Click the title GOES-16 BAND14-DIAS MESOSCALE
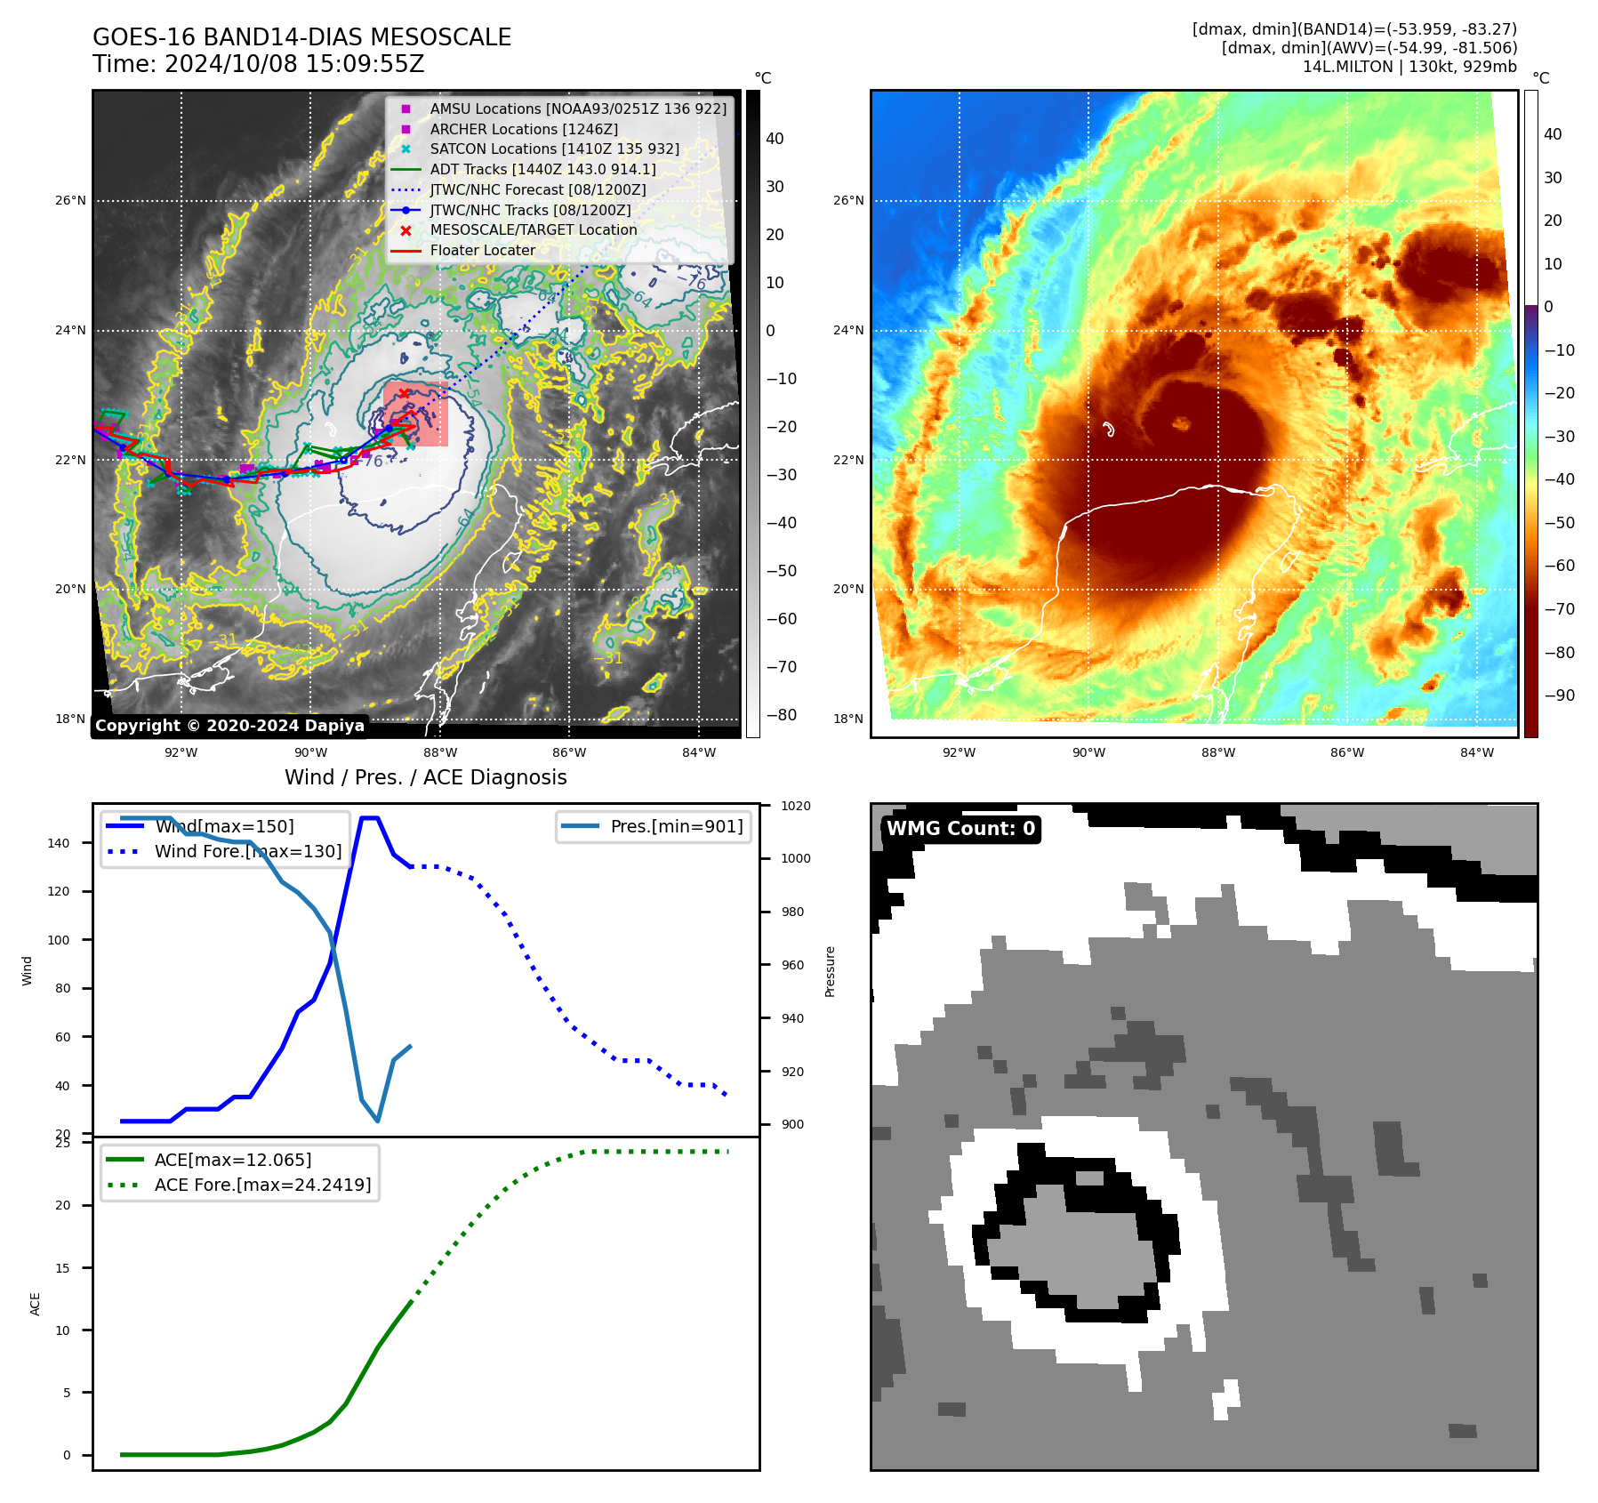tap(301, 37)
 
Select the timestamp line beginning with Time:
tap(258, 64)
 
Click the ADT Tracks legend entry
tap(542, 169)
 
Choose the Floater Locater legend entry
tap(482, 250)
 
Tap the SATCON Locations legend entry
tap(554, 149)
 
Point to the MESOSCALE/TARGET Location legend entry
tap(534, 229)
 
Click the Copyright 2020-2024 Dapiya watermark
tap(229, 726)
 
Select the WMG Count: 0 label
tap(960, 829)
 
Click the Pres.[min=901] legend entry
tap(676, 826)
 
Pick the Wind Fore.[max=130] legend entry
tap(248, 851)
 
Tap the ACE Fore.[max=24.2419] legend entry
tap(262, 1185)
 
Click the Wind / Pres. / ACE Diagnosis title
tap(425, 777)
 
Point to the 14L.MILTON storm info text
tap(1409, 67)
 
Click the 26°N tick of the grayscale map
tap(70, 200)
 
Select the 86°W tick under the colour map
tap(1347, 752)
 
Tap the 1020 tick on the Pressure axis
tap(796, 806)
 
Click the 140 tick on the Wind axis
tap(59, 843)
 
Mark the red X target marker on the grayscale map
tap(404, 393)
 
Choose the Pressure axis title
tap(830, 971)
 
